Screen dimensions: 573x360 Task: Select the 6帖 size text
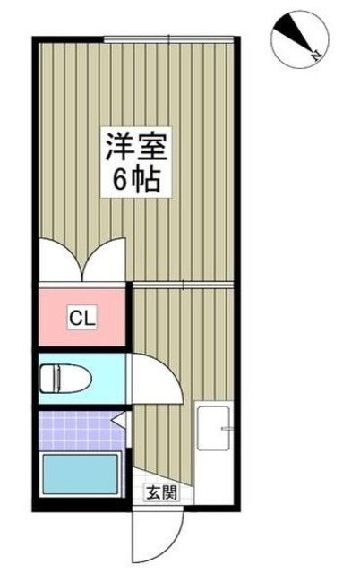tap(136, 181)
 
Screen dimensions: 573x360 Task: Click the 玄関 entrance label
tap(162, 492)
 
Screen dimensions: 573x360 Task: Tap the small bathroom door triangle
tap(117, 418)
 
